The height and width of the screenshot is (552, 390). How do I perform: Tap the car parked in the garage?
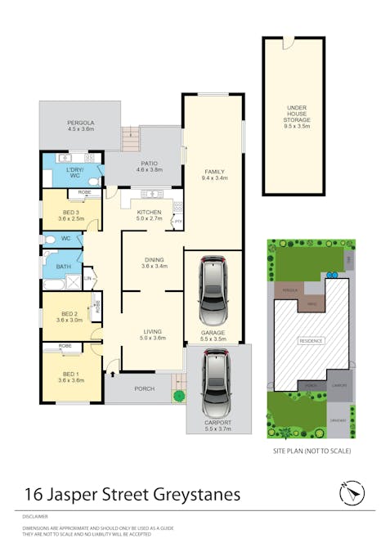213,290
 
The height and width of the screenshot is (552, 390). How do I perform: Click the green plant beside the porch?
178,396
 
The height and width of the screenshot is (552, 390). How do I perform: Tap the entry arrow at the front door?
112,375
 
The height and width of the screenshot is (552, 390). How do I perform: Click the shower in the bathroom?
52,283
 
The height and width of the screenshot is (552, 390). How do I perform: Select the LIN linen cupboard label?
86,280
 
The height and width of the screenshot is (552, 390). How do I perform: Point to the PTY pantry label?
178,222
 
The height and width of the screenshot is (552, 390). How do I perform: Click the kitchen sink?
150,194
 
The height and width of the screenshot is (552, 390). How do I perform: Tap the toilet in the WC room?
49,240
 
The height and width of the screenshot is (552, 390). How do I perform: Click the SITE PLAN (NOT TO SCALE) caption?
311,451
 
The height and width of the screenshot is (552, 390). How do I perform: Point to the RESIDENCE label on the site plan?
311,340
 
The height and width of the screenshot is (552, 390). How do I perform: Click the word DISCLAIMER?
35,517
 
